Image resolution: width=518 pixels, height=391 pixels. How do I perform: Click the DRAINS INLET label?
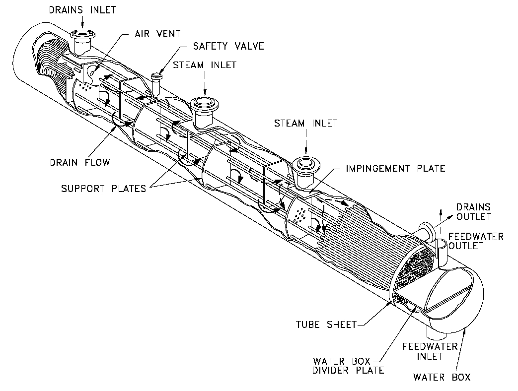[81, 9]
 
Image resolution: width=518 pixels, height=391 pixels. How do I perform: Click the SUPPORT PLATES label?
[103, 188]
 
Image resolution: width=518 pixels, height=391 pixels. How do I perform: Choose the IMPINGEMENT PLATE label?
[395, 168]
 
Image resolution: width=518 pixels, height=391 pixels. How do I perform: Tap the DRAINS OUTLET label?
[474, 212]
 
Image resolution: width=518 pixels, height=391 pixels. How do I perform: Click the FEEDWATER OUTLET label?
[475, 241]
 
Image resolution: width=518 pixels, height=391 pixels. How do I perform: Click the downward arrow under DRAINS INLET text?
[82, 21]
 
